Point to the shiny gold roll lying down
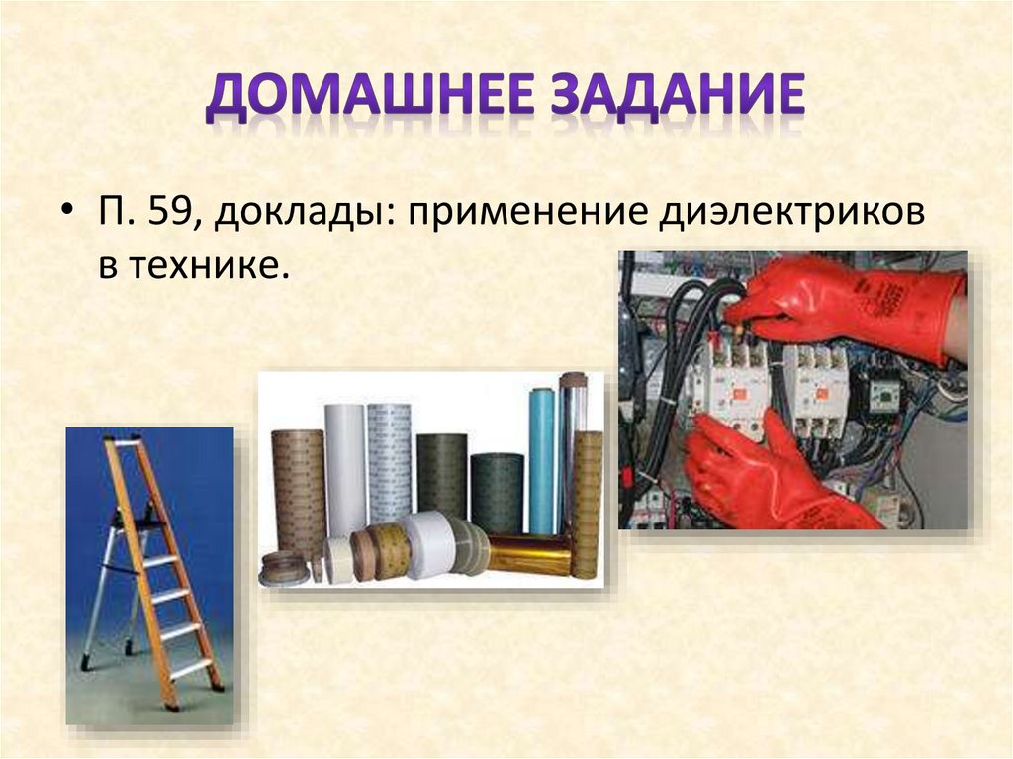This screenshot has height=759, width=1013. pyautogui.click(x=529, y=555)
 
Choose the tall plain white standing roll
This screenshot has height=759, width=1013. pyautogui.click(x=345, y=465)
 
